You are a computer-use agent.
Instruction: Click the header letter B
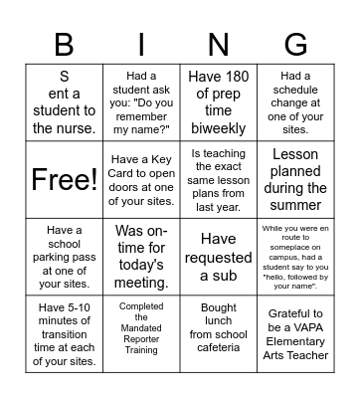[64, 44]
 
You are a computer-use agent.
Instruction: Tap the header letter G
[295, 44]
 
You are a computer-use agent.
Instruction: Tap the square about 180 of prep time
[218, 100]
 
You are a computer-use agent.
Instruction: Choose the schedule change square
[295, 100]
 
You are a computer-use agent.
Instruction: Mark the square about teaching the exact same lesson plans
[218, 179]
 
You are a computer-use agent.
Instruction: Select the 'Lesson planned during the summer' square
[295, 179]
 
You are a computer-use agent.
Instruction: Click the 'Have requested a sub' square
[218, 257]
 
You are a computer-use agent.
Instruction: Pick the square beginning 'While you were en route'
[295, 257]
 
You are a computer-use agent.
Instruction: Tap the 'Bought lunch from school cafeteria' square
[218, 333]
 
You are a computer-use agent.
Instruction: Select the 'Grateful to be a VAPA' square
[295, 333]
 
